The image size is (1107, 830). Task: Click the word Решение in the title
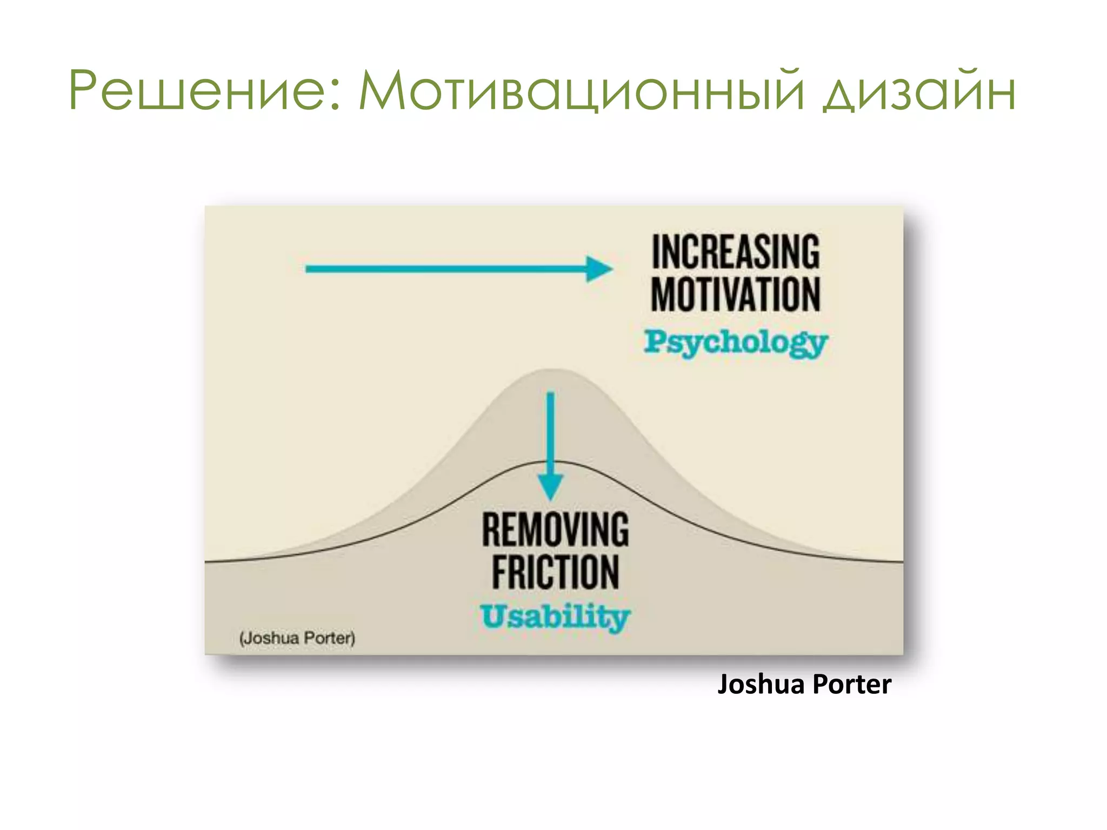(197, 91)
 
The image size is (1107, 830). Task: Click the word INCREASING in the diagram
(736, 252)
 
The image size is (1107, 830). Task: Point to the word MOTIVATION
(736, 294)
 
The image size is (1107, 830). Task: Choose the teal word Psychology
(736, 342)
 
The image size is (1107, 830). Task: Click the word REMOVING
(556, 530)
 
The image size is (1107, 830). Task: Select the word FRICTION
(556, 572)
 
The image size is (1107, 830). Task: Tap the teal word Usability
(556, 617)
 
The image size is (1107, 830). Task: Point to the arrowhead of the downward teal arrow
(550, 486)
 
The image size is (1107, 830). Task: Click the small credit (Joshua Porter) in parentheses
(297, 638)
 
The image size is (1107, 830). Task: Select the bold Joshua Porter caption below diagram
(804, 685)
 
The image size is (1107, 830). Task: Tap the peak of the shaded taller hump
(553, 370)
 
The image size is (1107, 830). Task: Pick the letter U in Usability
(493, 617)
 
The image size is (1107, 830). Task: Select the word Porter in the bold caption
(852, 685)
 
